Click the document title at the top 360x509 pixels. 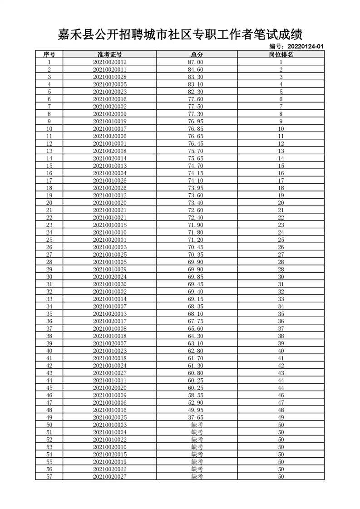click(x=180, y=34)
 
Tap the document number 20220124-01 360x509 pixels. click(x=296, y=46)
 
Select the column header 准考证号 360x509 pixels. click(x=109, y=54)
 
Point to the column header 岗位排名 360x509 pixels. click(x=281, y=54)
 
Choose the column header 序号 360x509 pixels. click(x=49, y=54)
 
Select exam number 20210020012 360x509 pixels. click(x=109, y=62)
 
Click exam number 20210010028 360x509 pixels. click(x=109, y=77)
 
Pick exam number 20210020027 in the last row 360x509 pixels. click(x=109, y=476)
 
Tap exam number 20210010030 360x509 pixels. click(x=109, y=284)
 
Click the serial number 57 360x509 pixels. click(x=49, y=476)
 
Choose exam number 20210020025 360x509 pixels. click(x=109, y=417)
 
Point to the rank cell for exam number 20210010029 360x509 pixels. click(x=281, y=269)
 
